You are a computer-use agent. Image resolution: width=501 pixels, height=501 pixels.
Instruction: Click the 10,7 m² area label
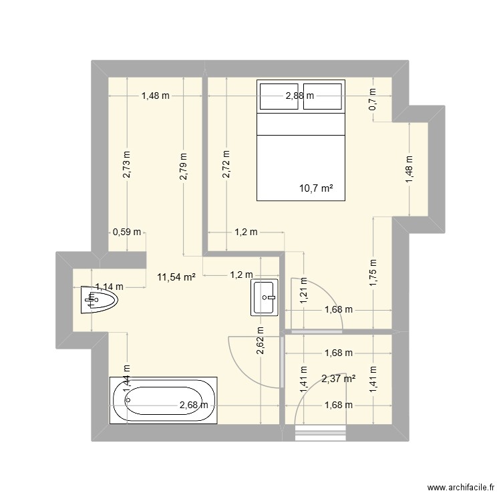pyautogui.click(x=316, y=189)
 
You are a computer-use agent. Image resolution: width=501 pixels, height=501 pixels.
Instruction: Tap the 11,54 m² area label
pyautogui.click(x=176, y=277)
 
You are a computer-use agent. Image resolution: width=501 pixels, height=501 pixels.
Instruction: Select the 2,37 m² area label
pyautogui.click(x=338, y=379)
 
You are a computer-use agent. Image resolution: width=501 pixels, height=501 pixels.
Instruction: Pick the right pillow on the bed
pyautogui.click(x=323, y=96)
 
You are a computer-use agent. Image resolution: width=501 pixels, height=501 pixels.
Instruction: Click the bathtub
pyautogui.click(x=164, y=401)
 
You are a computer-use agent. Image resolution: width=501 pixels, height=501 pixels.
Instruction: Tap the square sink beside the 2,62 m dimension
pyautogui.click(x=265, y=297)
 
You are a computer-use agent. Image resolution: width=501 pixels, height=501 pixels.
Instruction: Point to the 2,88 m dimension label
pyautogui.click(x=299, y=96)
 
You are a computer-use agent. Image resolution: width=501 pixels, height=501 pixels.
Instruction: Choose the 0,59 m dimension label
pyautogui.click(x=127, y=232)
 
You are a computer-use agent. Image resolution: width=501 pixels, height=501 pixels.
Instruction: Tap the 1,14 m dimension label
pyautogui.click(x=108, y=287)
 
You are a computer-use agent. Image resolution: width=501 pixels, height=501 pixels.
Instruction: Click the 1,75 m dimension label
pyautogui.click(x=373, y=272)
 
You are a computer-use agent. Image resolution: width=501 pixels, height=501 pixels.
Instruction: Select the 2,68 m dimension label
pyautogui.click(x=194, y=404)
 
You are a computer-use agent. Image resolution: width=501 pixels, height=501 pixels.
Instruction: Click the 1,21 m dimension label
pyautogui.click(x=303, y=291)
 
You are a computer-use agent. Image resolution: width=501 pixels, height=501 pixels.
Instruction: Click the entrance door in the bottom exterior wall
pyautogui.click(x=321, y=433)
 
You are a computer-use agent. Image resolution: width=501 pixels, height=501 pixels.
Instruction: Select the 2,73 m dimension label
pyautogui.click(x=127, y=164)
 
